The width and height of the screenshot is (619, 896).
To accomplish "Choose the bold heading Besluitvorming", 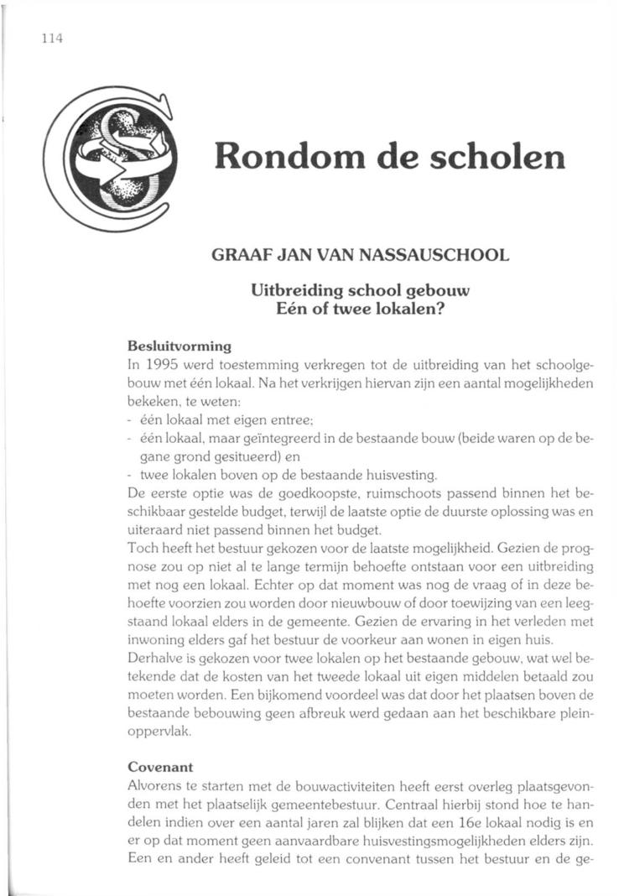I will point(179,345).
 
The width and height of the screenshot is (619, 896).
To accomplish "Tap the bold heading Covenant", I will point(160,766).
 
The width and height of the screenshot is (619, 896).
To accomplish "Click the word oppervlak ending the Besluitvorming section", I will point(160,731).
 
